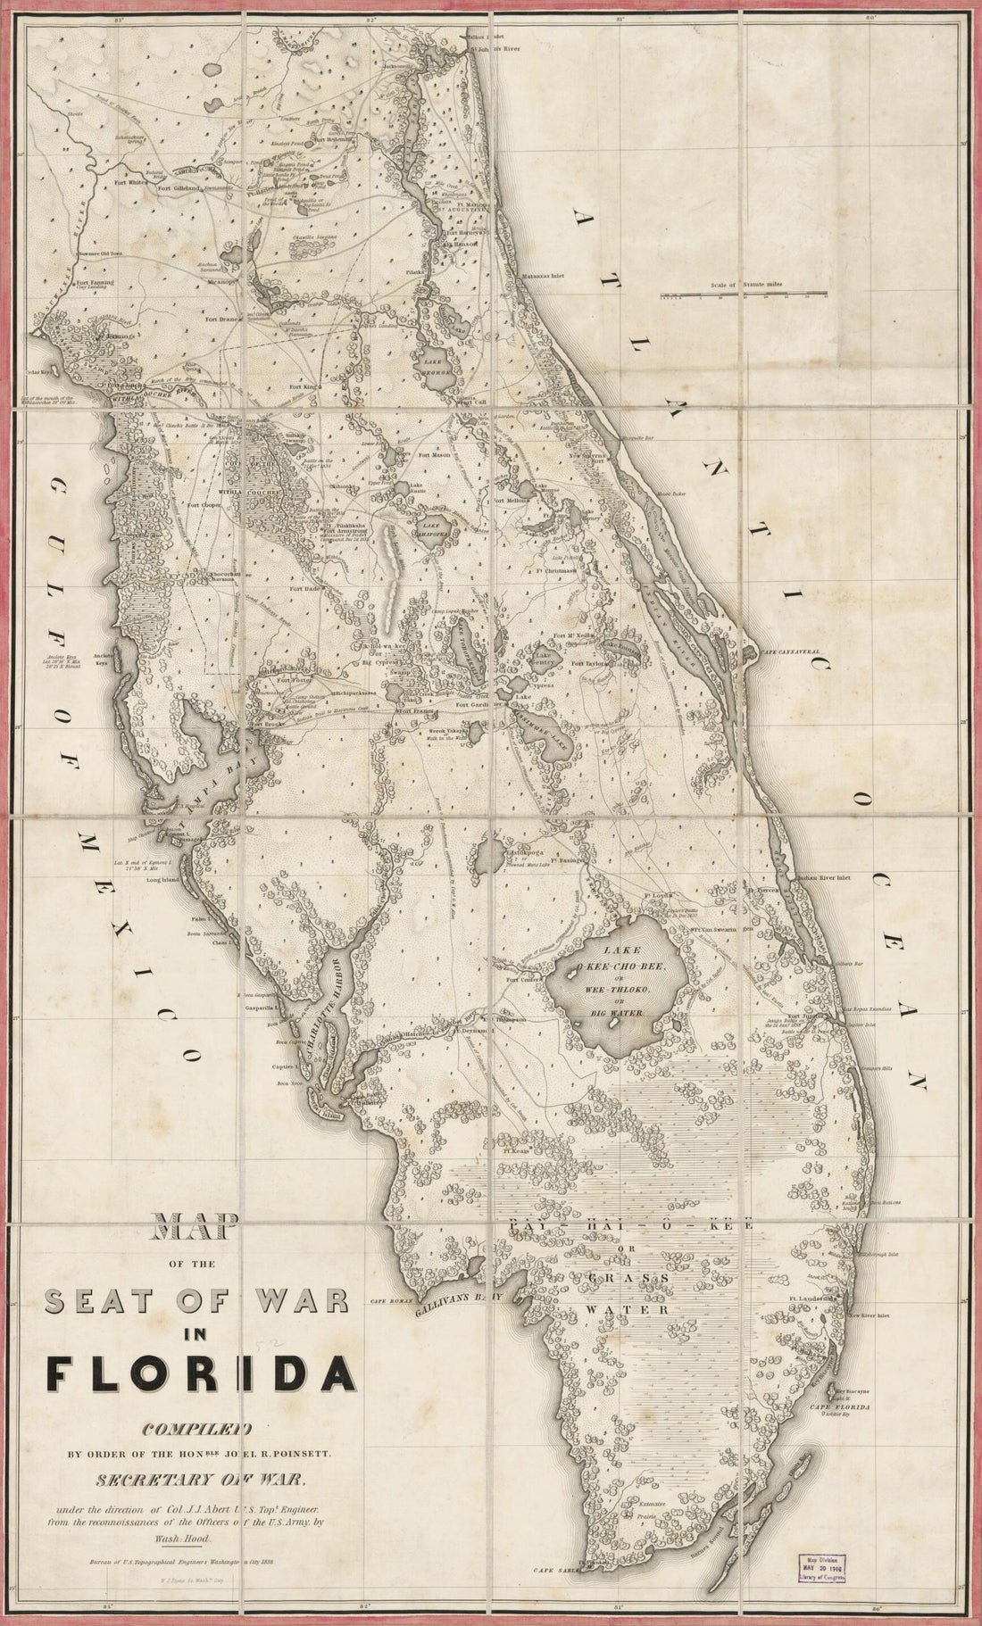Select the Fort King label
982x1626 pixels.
[304, 386]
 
